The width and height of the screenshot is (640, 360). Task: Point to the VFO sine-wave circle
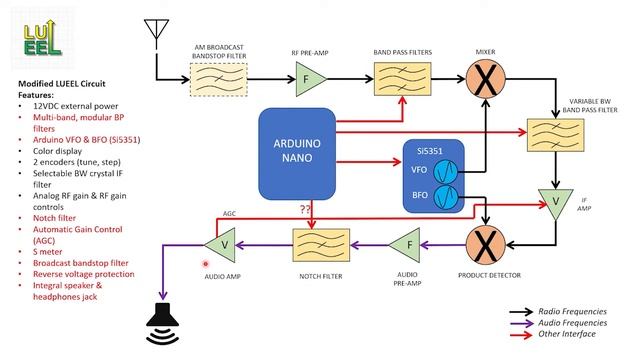[x=447, y=170]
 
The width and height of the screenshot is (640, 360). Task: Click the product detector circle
[x=485, y=243]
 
